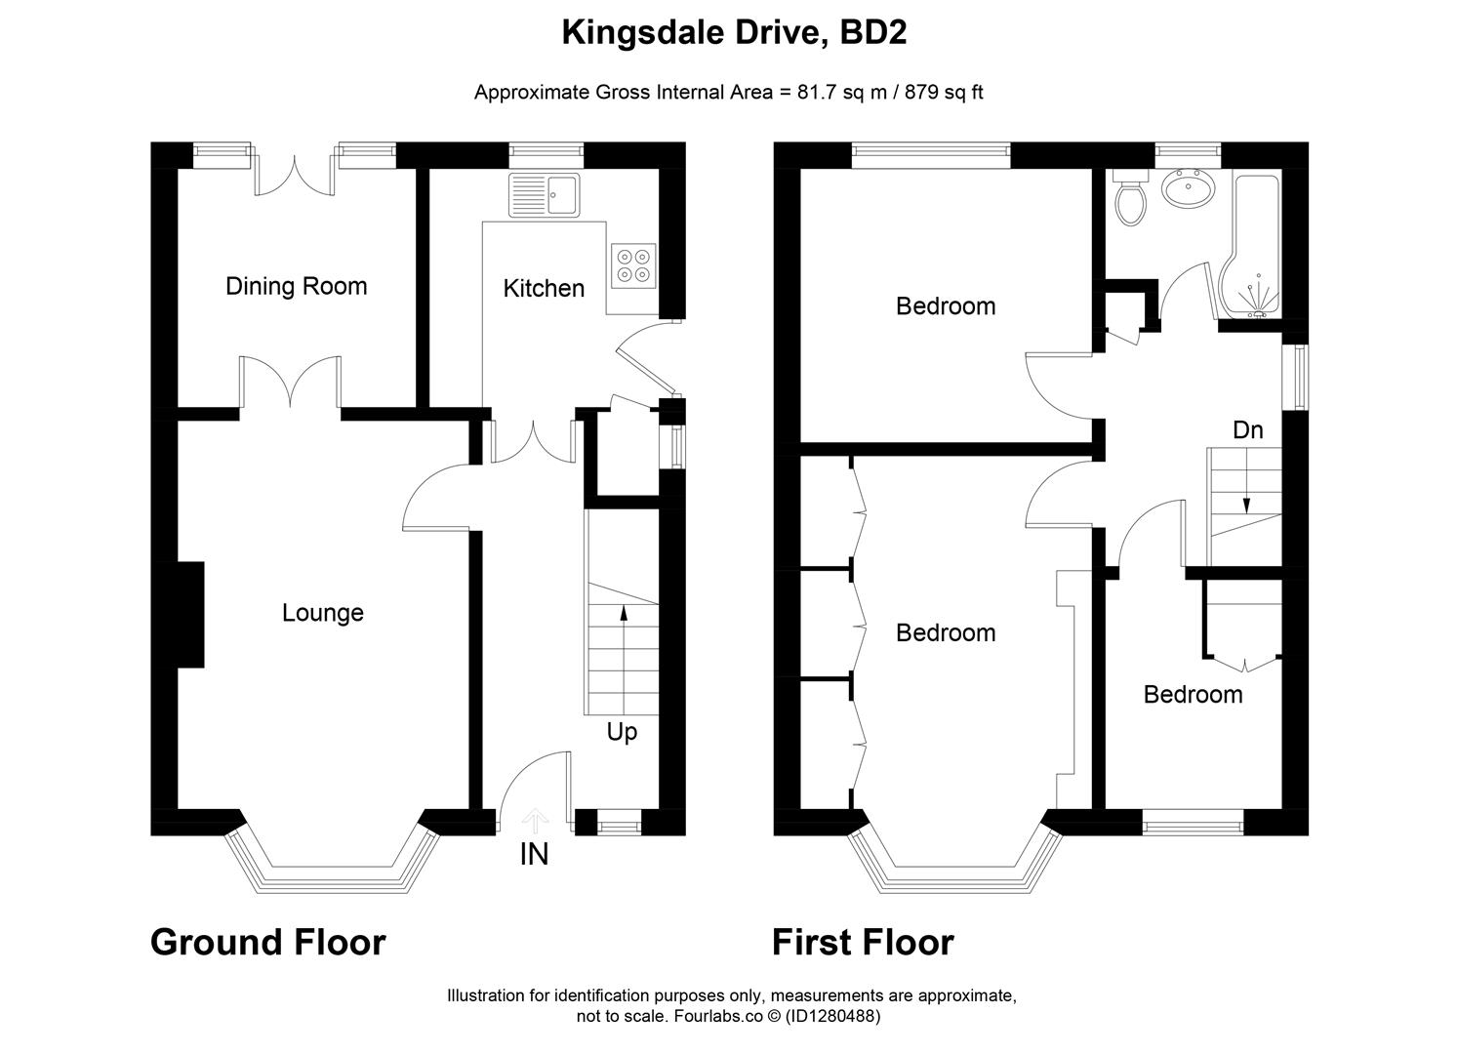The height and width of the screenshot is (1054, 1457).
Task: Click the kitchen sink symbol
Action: pyautogui.click(x=544, y=195)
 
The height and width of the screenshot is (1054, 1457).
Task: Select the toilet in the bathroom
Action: pyautogui.click(x=1131, y=199)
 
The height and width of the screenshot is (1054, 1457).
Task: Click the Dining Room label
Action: pyautogui.click(x=296, y=286)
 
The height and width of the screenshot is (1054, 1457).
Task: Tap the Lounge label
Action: pyautogui.click(x=322, y=613)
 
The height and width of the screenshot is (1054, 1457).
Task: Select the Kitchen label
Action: pyautogui.click(x=544, y=288)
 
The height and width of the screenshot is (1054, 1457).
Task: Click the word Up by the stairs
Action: pyautogui.click(x=622, y=732)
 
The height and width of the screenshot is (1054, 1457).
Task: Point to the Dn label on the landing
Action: pyautogui.click(x=1247, y=430)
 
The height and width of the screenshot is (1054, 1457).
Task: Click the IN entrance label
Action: pyautogui.click(x=534, y=855)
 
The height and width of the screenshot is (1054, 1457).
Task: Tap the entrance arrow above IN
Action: pyautogui.click(x=535, y=819)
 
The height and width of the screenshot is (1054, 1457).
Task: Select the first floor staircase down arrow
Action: pyautogui.click(x=1245, y=502)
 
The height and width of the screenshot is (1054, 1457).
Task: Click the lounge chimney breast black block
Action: pyautogui.click(x=189, y=615)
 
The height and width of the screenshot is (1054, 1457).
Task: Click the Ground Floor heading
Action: pyautogui.click(x=268, y=943)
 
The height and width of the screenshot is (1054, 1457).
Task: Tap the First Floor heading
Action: pyautogui.click(x=863, y=943)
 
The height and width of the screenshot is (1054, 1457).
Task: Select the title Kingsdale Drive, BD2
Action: pyautogui.click(x=734, y=33)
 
